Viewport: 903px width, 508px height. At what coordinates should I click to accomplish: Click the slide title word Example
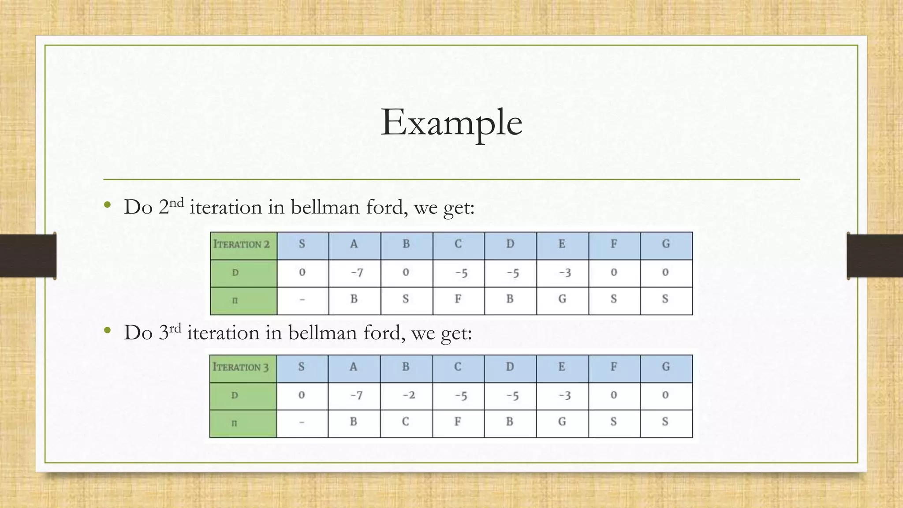click(x=451, y=122)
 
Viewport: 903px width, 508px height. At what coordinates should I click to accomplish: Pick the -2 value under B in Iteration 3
click(x=408, y=395)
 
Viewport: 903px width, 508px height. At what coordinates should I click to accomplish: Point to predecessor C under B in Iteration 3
click(x=405, y=422)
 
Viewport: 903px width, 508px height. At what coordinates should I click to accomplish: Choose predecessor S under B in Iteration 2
click(x=406, y=299)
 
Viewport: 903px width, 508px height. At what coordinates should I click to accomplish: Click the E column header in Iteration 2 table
click(x=562, y=244)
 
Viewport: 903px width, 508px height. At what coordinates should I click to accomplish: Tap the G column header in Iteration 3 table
click(x=666, y=367)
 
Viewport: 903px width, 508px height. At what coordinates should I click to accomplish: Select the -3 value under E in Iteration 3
click(x=564, y=395)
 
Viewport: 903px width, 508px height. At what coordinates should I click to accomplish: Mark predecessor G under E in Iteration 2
click(x=562, y=299)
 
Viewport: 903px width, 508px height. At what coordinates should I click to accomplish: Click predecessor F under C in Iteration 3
click(x=458, y=422)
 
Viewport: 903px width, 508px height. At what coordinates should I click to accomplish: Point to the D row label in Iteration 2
click(x=235, y=273)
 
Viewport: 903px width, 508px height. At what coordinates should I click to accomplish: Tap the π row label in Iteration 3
click(x=235, y=423)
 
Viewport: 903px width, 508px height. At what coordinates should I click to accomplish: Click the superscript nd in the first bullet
click(x=176, y=203)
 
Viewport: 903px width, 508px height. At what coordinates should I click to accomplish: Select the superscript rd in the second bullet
click(x=175, y=328)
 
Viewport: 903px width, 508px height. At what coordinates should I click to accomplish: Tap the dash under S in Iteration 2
click(x=302, y=300)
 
